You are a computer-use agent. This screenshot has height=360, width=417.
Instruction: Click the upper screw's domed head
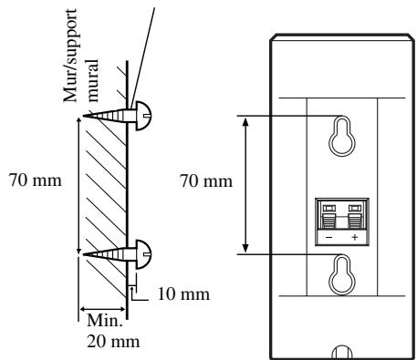[x=143, y=116]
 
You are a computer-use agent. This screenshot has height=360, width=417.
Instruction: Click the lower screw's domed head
[x=143, y=254]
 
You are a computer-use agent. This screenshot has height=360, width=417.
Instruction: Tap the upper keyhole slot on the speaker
[x=342, y=136]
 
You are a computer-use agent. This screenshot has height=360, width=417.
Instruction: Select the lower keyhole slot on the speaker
[x=342, y=274]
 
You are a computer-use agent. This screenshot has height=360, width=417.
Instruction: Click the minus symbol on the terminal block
[x=329, y=237]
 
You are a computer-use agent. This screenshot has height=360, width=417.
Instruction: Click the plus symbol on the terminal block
[x=355, y=237]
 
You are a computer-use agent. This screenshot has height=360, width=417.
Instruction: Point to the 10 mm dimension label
[x=183, y=294]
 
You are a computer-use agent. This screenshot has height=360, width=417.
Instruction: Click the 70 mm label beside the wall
[x=36, y=180]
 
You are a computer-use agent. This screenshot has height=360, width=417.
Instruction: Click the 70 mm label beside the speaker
[x=206, y=181]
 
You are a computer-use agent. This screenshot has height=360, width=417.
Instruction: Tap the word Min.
[x=105, y=320]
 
